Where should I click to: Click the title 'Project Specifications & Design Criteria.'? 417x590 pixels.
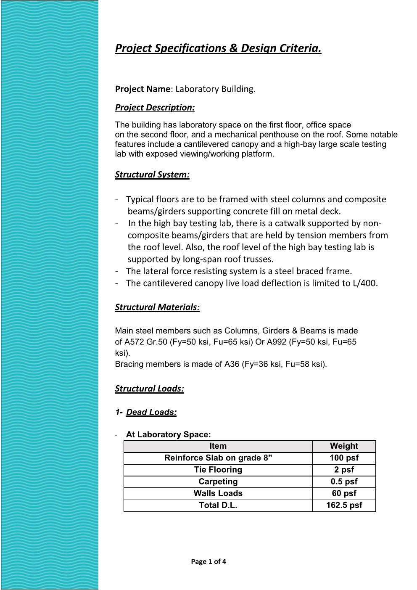tap(218, 48)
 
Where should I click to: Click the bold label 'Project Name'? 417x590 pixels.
tap(143, 89)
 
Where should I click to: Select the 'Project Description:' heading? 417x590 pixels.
tap(155, 108)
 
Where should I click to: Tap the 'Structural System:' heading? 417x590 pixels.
tap(152, 175)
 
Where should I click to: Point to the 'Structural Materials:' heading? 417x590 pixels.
tap(157, 307)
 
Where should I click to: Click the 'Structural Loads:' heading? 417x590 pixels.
tap(149, 389)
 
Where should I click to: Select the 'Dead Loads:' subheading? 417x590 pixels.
tap(151, 412)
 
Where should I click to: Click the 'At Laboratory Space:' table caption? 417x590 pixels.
tap(168, 434)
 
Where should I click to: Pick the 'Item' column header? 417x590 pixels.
tap(218, 446)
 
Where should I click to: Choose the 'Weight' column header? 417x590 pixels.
tap(344, 446)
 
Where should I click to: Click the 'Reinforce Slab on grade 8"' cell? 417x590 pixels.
tap(218, 458)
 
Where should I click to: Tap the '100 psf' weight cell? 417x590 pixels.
tap(344, 458)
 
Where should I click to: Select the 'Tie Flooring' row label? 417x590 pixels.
tap(218, 470)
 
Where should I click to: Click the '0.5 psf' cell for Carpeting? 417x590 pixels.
tap(344, 482)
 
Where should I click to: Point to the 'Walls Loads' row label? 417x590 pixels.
tap(218, 493)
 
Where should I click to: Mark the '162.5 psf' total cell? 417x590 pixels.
tap(344, 505)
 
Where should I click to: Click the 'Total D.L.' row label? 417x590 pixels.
tap(218, 505)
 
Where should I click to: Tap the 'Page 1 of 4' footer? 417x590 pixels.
tap(208, 561)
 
